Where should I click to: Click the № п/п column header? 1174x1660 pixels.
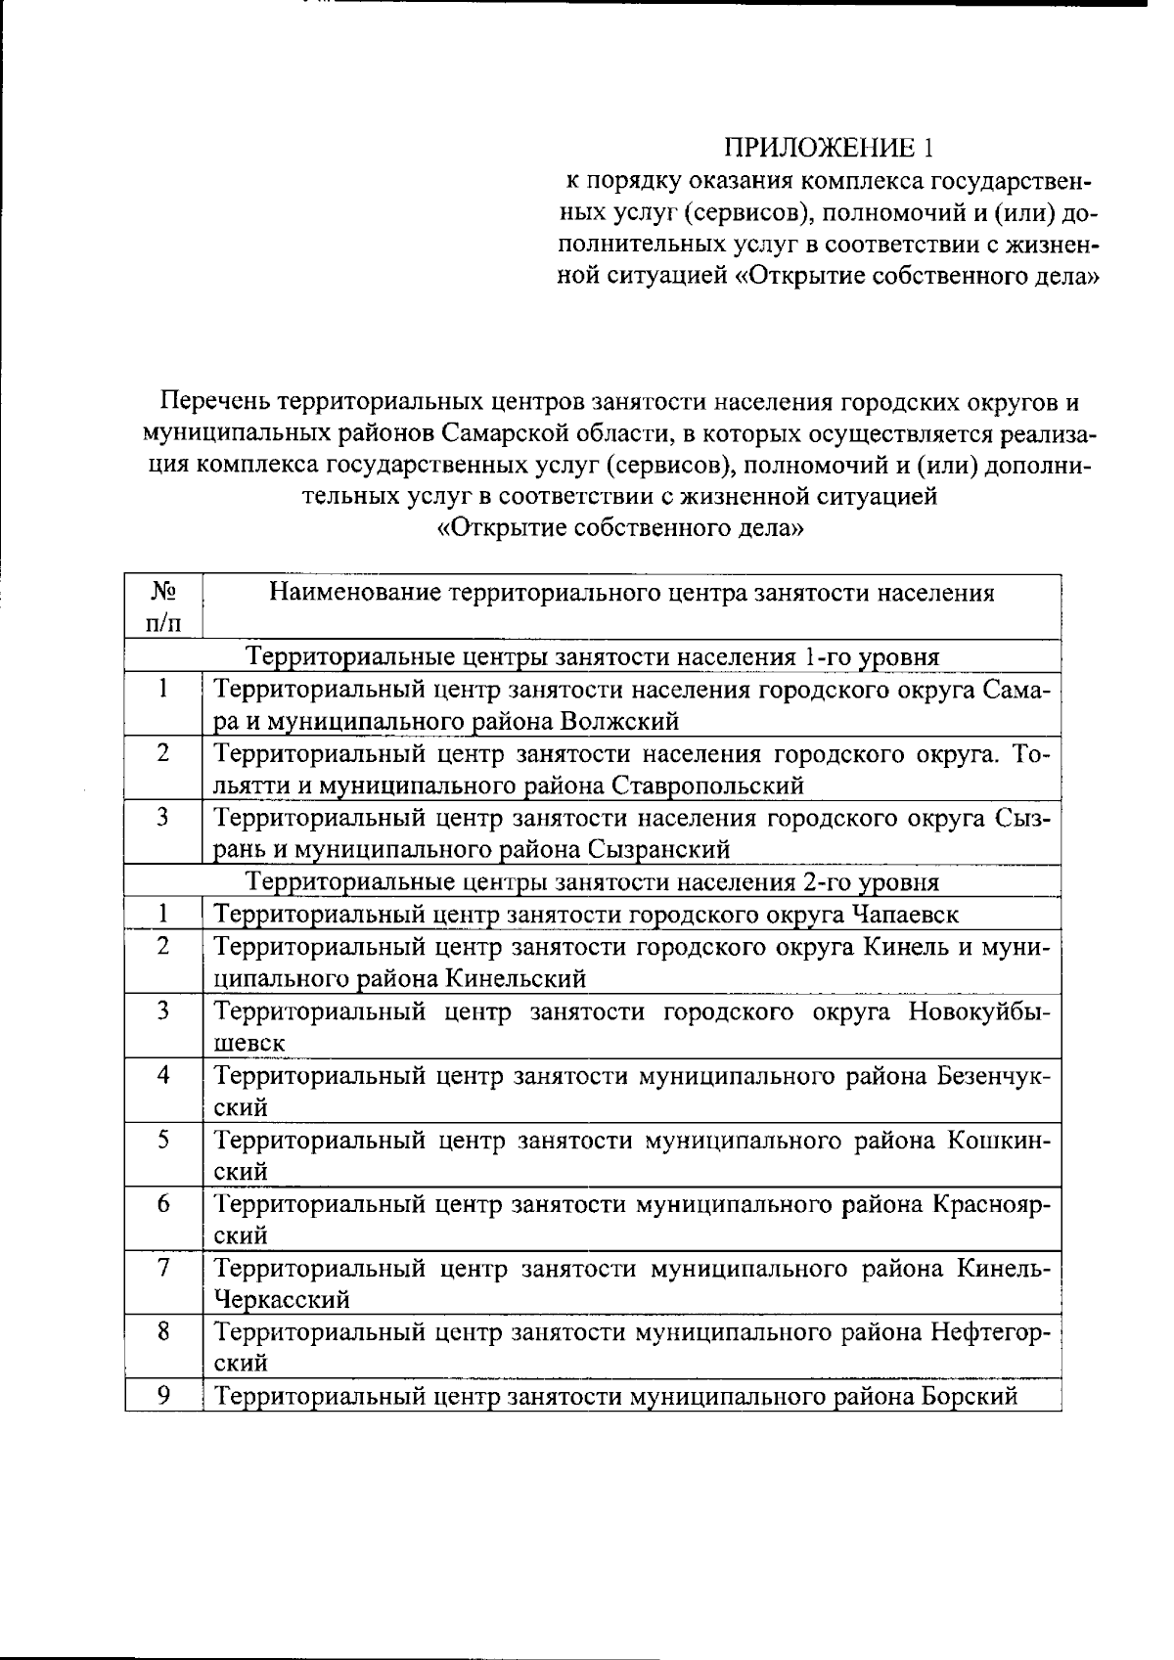click(163, 606)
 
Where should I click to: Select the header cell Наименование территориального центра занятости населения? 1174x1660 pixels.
click(631, 593)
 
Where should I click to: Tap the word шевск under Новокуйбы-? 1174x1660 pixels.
click(249, 1043)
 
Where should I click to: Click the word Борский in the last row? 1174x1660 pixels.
click(969, 1396)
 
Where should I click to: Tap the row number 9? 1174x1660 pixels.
click(163, 1396)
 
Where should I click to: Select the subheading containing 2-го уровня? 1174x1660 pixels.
click(592, 882)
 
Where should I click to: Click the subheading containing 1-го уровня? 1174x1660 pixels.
click(592, 656)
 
